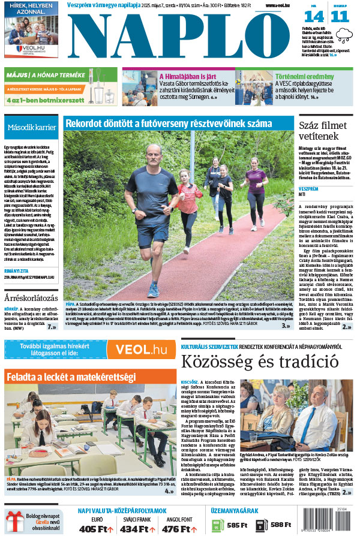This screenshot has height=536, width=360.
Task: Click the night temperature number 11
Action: (x=340, y=16)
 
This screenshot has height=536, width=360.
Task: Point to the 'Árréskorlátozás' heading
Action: (x=31, y=297)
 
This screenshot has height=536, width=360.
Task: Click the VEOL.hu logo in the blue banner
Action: (x=141, y=350)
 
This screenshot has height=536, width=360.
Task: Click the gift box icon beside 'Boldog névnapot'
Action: (x=14, y=521)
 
